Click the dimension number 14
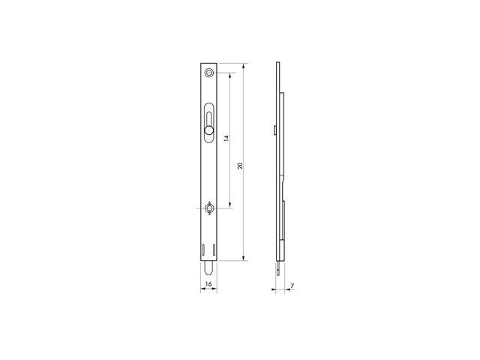click(x=226, y=138)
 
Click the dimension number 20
click(x=240, y=166)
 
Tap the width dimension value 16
click(x=208, y=284)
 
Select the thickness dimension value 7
click(x=292, y=286)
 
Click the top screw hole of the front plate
click(x=209, y=73)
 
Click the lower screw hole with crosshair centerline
click(x=209, y=208)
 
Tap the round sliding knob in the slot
click(x=208, y=130)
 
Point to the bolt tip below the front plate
click(x=209, y=268)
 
